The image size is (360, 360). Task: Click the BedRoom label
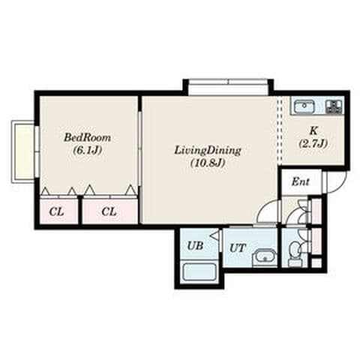pyautogui.click(x=87, y=138)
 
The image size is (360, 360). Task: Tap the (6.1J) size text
pyautogui.click(x=88, y=150)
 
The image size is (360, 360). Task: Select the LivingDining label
pyautogui.click(x=208, y=151)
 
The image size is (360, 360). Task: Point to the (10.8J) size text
pyautogui.click(x=208, y=163)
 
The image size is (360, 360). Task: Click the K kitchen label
pyautogui.click(x=313, y=130)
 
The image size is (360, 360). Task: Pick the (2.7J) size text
pyautogui.click(x=313, y=143)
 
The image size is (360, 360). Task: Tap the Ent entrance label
pyautogui.click(x=300, y=182)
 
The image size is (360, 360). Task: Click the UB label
pyautogui.click(x=195, y=246)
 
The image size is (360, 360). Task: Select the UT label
pyautogui.click(x=238, y=248)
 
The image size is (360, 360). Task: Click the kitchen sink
pyautogui.click(x=304, y=106)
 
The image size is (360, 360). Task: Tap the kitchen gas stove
pyautogui.click(x=334, y=106)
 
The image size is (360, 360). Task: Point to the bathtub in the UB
pyautogui.click(x=199, y=271)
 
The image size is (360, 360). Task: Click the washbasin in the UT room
pyautogui.click(x=264, y=258)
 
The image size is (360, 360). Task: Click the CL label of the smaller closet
pyautogui.click(x=57, y=212)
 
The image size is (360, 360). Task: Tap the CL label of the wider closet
pyautogui.click(x=109, y=212)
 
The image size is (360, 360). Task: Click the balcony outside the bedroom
pyautogui.click(x=22, y=151)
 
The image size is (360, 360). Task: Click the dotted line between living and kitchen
pyautogui.click(x=280, y=130)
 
